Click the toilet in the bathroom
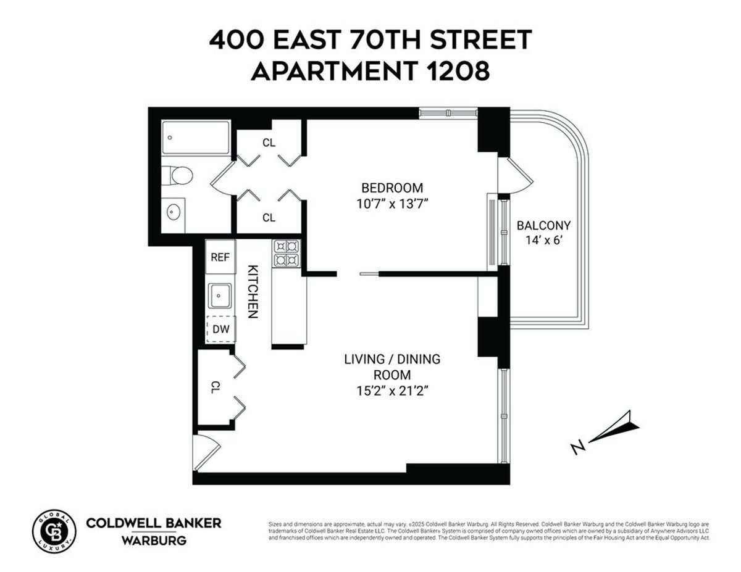pyautogui.click(x=180, y=175)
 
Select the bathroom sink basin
pyautogui.click(x=175, y=211)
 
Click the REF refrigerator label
pyautogui.click(x=220, y=257)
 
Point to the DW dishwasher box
pyautogui.click(x=220, y=329)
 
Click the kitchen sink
pyautogui.click(x=219, y=295)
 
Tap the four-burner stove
pyautogui.click(x=286, y=253)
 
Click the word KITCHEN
pyautogui.click(x=252, y=291)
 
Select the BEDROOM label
pyautogui.click(x=392, y=188)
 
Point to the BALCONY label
pyautogui.click(x=543, y=226)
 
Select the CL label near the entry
pyautogui.click(x=216, y=388)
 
